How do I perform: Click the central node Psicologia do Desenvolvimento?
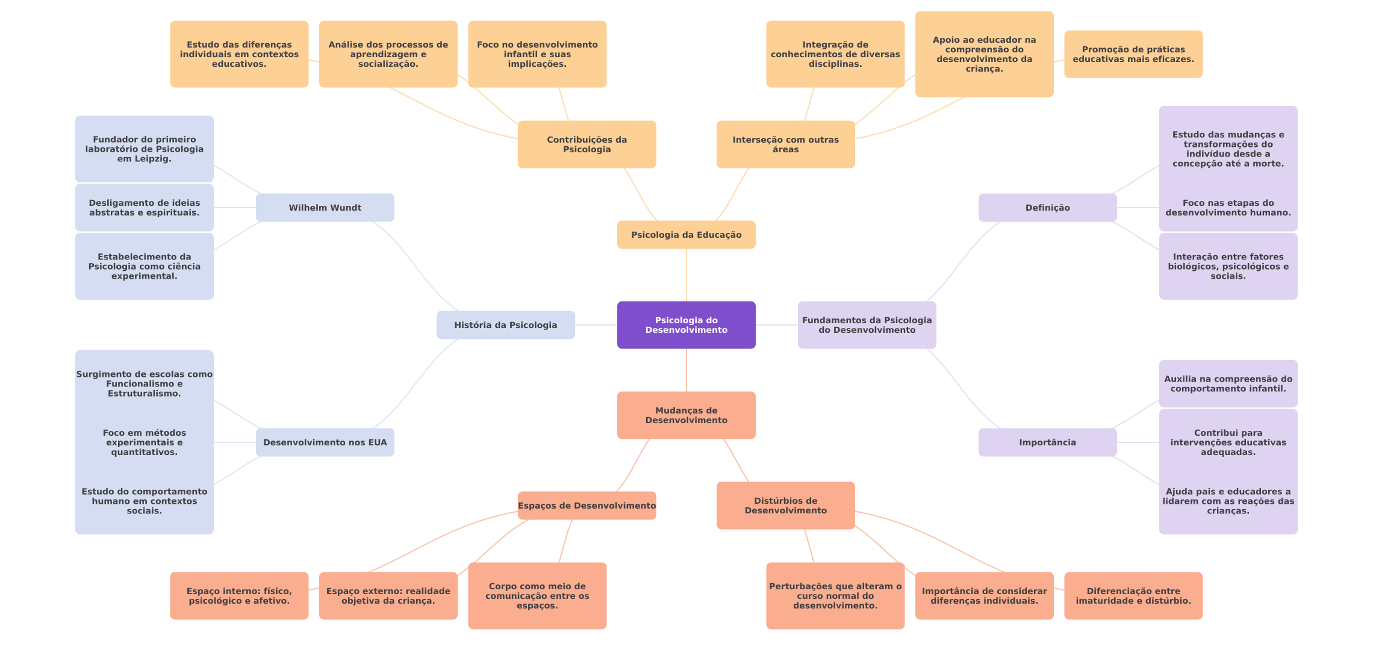[686, 325]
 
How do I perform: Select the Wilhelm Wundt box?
[325, 208]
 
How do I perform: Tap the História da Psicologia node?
[505, 325]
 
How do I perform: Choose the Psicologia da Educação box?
[686, 235]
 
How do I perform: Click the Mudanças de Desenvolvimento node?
[686, 415]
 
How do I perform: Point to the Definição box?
[1047, 208]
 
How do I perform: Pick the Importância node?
[1047, 442]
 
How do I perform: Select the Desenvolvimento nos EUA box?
[325, 442]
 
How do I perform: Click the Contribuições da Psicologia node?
[587, 144]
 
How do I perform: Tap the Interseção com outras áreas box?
[785, 144]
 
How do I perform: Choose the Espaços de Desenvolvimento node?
[587, 506]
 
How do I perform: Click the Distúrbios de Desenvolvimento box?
[785, 506]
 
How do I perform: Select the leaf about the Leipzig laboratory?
[144, 149]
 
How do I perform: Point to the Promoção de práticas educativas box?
[1133, 54]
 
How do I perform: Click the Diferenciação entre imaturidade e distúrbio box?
[1133, 596]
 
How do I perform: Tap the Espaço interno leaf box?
[239, 596]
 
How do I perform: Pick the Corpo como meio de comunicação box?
[537, 596]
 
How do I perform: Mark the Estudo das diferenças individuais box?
[239, 54]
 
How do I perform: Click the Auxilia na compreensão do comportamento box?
[1228, 383]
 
